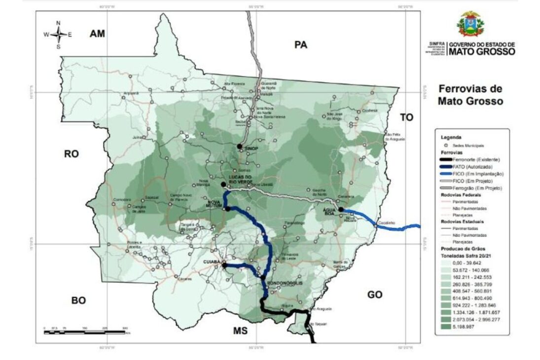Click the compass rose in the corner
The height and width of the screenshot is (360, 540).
point(58,34)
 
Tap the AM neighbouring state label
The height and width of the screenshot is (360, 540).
point(98,34)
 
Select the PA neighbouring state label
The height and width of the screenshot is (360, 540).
point(301,45)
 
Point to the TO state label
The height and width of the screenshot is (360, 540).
point(407,117)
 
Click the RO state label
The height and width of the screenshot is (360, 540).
point(72,154)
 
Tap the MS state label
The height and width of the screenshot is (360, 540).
point(241,330)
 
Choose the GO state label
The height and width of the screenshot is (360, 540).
point(375,294)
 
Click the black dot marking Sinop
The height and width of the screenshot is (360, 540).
point(239,146)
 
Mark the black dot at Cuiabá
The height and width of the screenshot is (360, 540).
point(224,265)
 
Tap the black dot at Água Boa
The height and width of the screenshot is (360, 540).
point(340,210)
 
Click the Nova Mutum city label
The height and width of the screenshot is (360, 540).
point(215,205)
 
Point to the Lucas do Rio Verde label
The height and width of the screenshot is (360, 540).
point(241,179)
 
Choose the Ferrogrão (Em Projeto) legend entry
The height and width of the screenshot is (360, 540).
point(471,188)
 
